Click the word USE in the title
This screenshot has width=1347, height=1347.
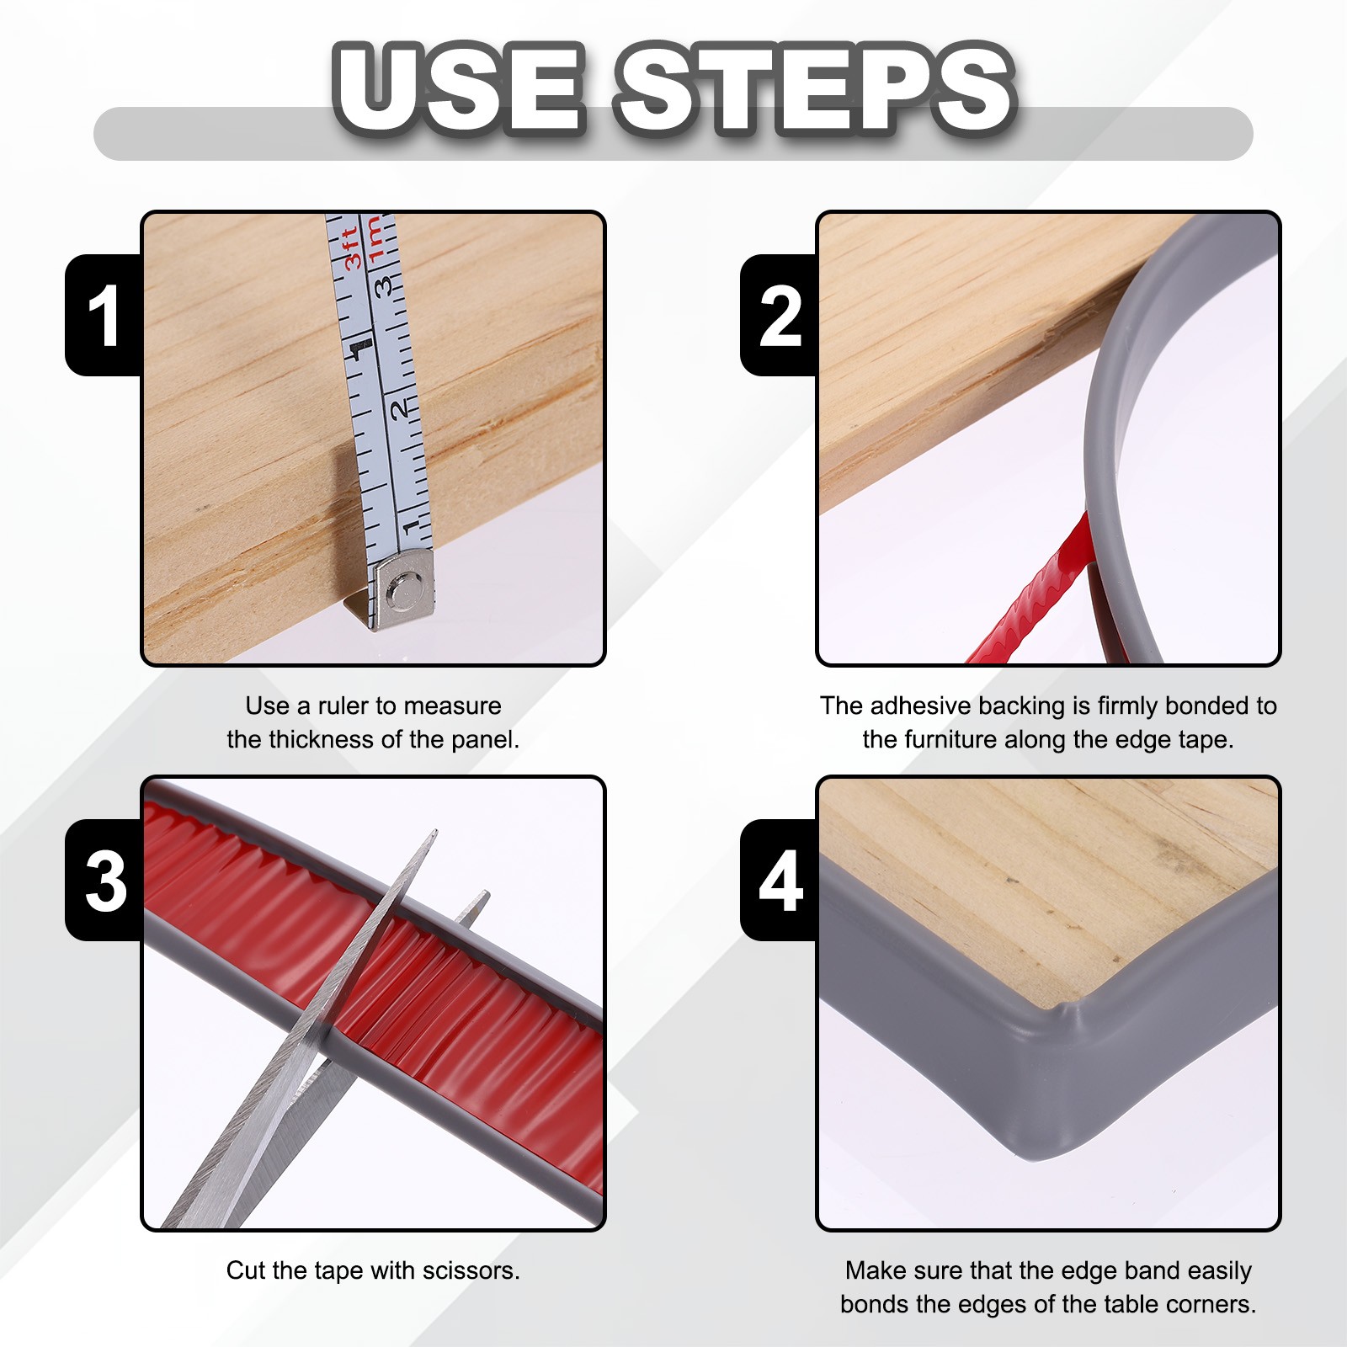(460, 88)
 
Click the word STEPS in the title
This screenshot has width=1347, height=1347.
(816, 88)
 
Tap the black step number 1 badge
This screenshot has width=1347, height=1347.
(104, 315)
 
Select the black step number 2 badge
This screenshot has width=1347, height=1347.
(779, 315)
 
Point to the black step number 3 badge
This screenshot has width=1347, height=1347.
(104, 880)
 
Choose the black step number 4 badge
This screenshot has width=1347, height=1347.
(779, 880)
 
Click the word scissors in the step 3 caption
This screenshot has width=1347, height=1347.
(471, 1270)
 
